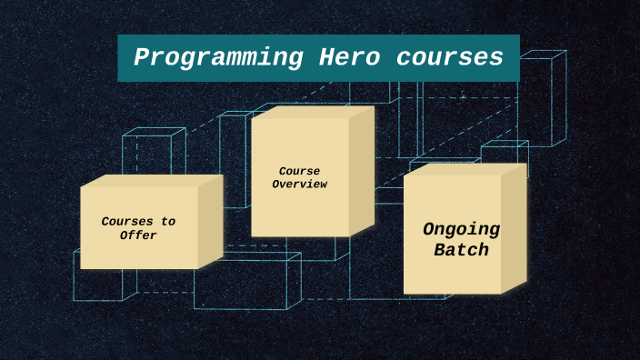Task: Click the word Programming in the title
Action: (218, 57)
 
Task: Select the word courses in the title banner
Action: (449, 57)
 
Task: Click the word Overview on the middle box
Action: (299, 185)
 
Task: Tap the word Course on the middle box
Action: (299, 171)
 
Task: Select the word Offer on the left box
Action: (138, 235)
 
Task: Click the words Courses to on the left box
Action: (138, 221)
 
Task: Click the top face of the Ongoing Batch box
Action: (465, 169)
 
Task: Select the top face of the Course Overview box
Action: (313, 112)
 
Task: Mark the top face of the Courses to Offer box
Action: (151, 180)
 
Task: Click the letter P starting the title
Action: (141, 57)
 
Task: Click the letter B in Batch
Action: (439, 250)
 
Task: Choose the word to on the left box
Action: (168, 221)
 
